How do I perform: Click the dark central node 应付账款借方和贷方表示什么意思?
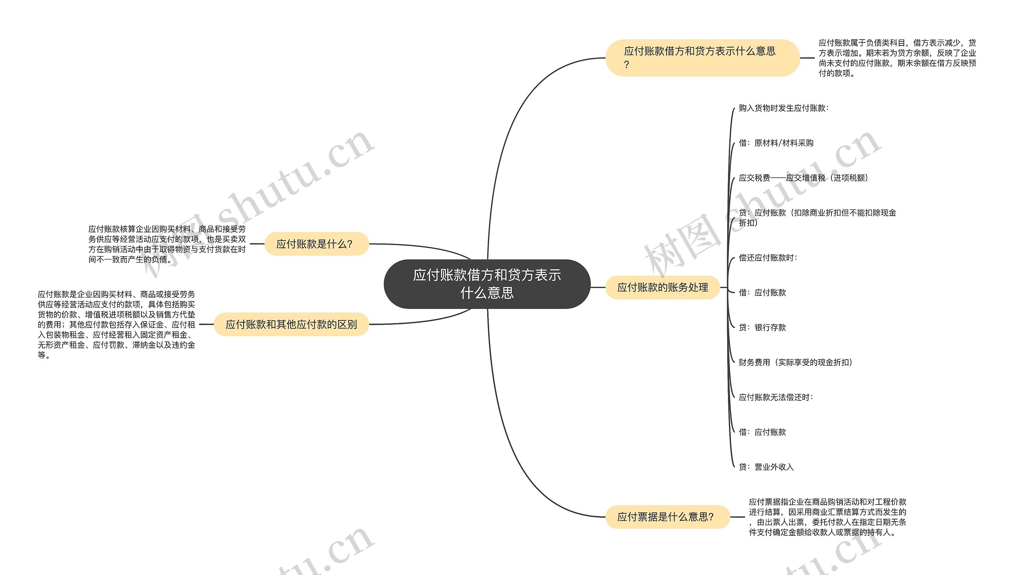point(487,284)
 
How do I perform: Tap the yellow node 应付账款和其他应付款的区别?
point(291,324)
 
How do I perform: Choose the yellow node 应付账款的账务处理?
point(662,287)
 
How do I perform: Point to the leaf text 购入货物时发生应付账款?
point(783,108)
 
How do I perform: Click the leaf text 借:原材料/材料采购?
point(776,143)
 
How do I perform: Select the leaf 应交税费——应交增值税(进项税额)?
point(803,178)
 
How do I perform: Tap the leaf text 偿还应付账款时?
point(768,258)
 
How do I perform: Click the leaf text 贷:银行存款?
point(762,327)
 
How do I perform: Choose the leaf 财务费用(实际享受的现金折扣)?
point(795,362)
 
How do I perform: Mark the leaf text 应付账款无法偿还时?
point(776,397)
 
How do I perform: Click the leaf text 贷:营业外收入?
point(766,467)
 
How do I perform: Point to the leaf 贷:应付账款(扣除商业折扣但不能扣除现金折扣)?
point(817,218)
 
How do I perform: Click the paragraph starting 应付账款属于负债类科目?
point(897,58)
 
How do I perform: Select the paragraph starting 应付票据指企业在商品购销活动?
point(827,517)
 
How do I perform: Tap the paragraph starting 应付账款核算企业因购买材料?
point(167,244)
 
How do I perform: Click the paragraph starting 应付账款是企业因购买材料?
point(116,324)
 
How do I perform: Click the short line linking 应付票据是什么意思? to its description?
point(737,517)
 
